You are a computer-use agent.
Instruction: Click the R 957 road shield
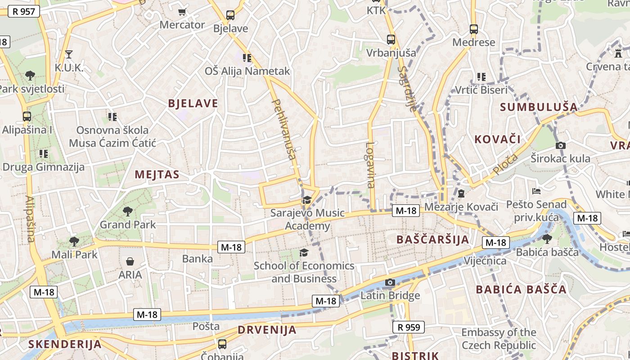(x=24, y=11)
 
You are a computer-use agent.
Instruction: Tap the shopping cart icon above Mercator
(x=182, y=12)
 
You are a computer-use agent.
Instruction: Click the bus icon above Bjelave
(x=230, y=15)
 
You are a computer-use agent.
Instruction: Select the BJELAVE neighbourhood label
(x=193, y=103)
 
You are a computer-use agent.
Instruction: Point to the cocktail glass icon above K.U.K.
(x=69, y=54)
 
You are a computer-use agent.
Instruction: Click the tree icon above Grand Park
(x=128, y=211)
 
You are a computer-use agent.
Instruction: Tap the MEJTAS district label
(x=157, y=175)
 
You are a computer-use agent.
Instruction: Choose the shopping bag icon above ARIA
(x=130, y=261)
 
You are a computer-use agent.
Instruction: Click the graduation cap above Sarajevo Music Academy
(x=307, y=200)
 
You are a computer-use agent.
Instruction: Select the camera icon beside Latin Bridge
(x=390, y=283)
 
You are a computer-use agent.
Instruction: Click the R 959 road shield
(x=409, y=327)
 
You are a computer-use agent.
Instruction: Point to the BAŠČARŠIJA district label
(x=433, y=239)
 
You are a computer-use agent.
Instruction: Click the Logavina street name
(x=370, y=165)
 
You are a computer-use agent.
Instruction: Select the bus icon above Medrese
(x=474, y=29)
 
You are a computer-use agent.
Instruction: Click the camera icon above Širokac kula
(x=560, y=145)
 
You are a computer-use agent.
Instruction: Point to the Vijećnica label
(x=485, y=261)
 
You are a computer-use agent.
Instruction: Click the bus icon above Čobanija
(x=222, y=344)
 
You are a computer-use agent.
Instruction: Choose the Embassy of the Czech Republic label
(x=499, y=339)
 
